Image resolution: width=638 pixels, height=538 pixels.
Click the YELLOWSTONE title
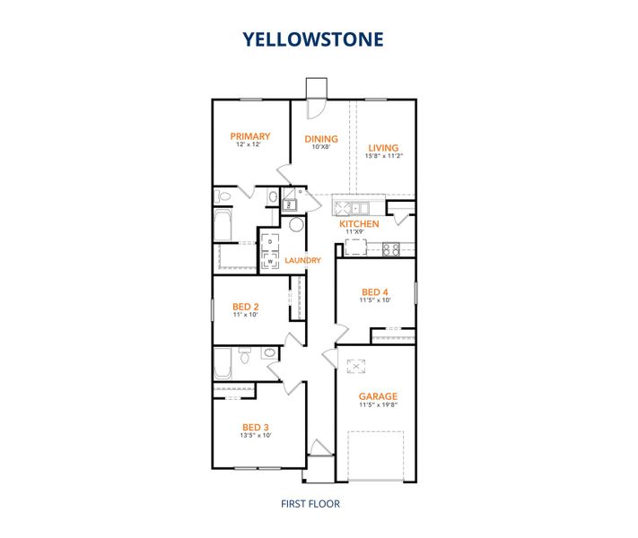coord(312,39)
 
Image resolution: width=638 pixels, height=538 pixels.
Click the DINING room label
coord(321,139)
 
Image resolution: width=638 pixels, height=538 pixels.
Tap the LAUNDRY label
coord(302,261)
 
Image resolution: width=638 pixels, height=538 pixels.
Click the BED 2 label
coord(245,307)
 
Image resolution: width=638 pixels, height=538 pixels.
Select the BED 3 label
coord(256,427)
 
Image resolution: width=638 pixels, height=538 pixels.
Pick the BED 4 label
coord(375,291)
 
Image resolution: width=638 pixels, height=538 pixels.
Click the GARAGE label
coord(378,395)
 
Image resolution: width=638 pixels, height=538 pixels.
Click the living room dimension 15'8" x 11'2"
coord(383,157)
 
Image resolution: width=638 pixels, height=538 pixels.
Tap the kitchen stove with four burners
coord(390,249)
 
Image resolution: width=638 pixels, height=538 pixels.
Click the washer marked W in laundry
coord(270,261)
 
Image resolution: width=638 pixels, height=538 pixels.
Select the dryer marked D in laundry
coord(270,243)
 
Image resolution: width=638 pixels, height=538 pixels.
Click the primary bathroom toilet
coord(224,195)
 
